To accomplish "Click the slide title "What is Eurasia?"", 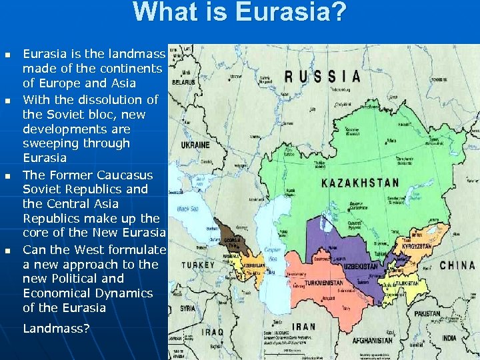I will tap(239, 13).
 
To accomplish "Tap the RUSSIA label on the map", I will tap(323, 76).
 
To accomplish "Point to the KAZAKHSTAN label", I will tap(360, 183).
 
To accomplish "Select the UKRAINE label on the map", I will tap(194, 145).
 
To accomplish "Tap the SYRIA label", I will tap(188, 309).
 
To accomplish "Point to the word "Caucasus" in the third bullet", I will tap(125, 175).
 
